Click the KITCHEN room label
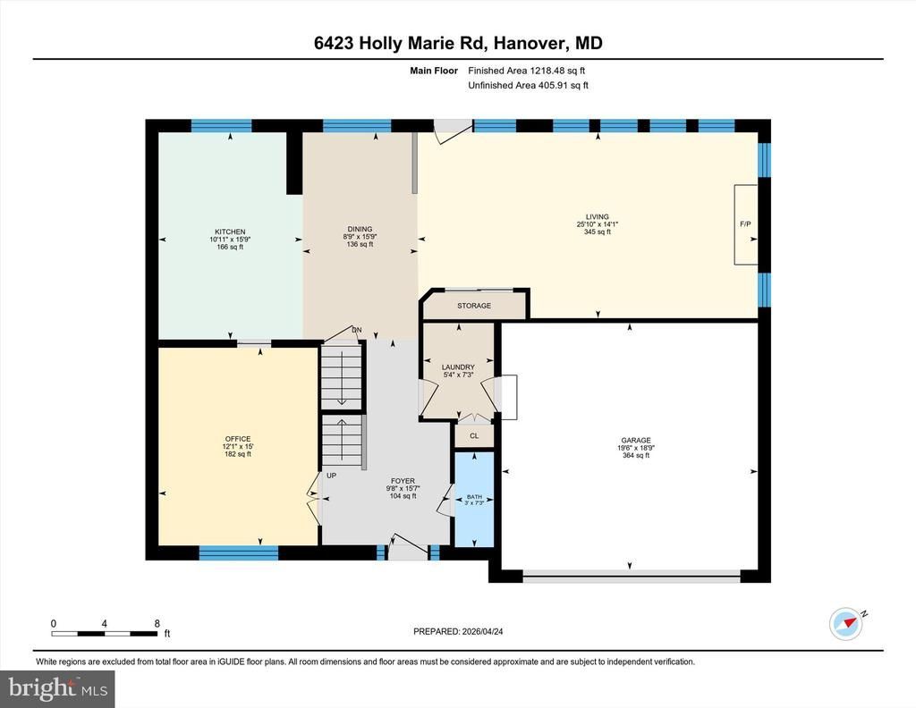[230, 232]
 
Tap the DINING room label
[360, 230]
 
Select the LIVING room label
[597, 216]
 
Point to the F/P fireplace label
[745, 224]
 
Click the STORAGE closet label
[474, 306]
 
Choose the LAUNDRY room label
[458, 367]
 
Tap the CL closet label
[474, 436]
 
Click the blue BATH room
[474, 499]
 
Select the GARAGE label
[636, 441]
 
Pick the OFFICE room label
[238, 439]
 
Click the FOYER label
[403, 481]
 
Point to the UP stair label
[331, 476]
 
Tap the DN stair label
[356, 331]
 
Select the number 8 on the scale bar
[157, 623]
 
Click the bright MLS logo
[57, 688]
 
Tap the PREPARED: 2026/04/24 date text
[458, 631]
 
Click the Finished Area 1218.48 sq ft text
[526, 71]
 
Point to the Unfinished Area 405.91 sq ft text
[528, 85]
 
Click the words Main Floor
[434, 71]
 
